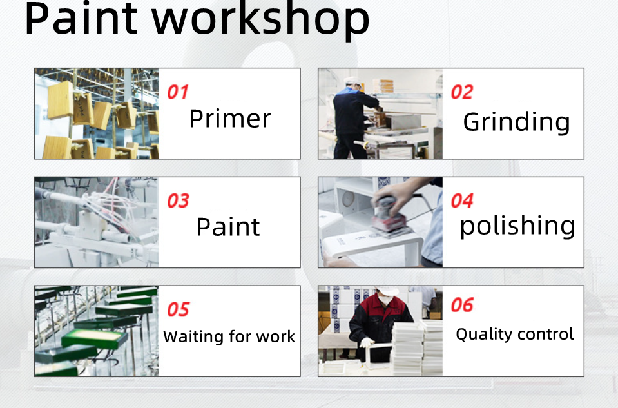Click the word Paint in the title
coord(81,18)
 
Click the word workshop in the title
coord(261,20)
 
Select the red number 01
coord(178,92)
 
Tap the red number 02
coord(462,92)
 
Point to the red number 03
coord(178,200)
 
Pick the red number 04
coord(462,200)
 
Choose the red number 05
coord(178,309)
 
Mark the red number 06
coord(462,305)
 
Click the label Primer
coord(230,118)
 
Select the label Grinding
coord(517,123)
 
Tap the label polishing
coord(517,227)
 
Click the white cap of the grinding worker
coord(353,82)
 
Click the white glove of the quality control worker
coord(367,342)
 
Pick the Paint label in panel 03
coord(228,227)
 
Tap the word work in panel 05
coord(276,337)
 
